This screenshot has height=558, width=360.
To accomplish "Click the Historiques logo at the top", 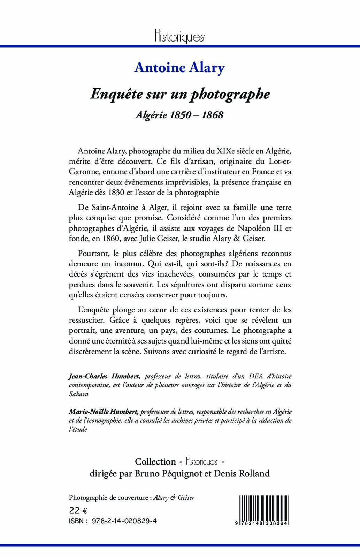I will pos(179,36).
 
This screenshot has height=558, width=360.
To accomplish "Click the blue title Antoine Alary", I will pos(180,68).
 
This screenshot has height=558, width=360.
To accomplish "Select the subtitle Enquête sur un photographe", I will pos(180,94).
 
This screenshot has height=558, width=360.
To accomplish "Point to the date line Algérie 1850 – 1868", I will pos(179,115).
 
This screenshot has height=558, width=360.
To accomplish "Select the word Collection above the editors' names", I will pos(155,461).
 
